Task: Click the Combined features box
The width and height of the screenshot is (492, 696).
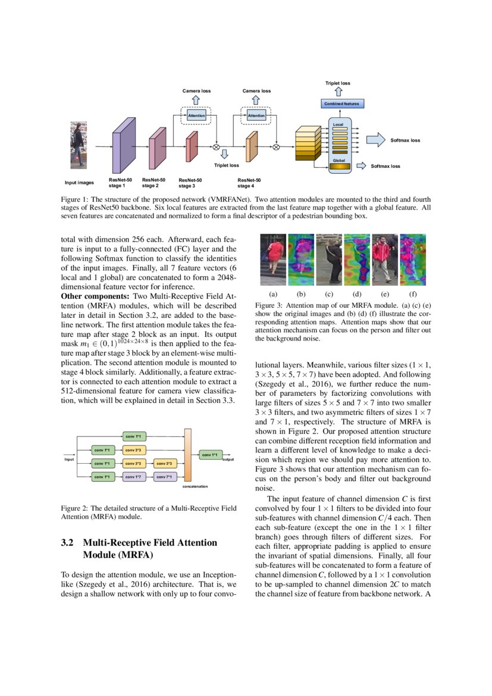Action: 342,104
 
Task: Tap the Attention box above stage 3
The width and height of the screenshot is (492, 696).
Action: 196,116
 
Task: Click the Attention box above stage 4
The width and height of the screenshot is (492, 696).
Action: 256,116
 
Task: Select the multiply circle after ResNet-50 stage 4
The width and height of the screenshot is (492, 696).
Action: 276,148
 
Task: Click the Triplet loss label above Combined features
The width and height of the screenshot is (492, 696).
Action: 337,83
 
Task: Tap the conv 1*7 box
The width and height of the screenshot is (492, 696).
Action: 133,476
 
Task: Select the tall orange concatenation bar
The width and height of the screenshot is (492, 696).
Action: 188,454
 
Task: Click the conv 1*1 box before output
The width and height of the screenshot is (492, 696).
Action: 211,455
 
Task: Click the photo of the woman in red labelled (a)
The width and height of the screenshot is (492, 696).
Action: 272,260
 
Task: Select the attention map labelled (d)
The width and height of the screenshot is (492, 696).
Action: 356,260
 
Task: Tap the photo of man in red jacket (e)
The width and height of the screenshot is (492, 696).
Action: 384,260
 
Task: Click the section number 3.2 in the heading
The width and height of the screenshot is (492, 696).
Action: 67,543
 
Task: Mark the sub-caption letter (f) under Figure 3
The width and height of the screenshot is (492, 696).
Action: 413,294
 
